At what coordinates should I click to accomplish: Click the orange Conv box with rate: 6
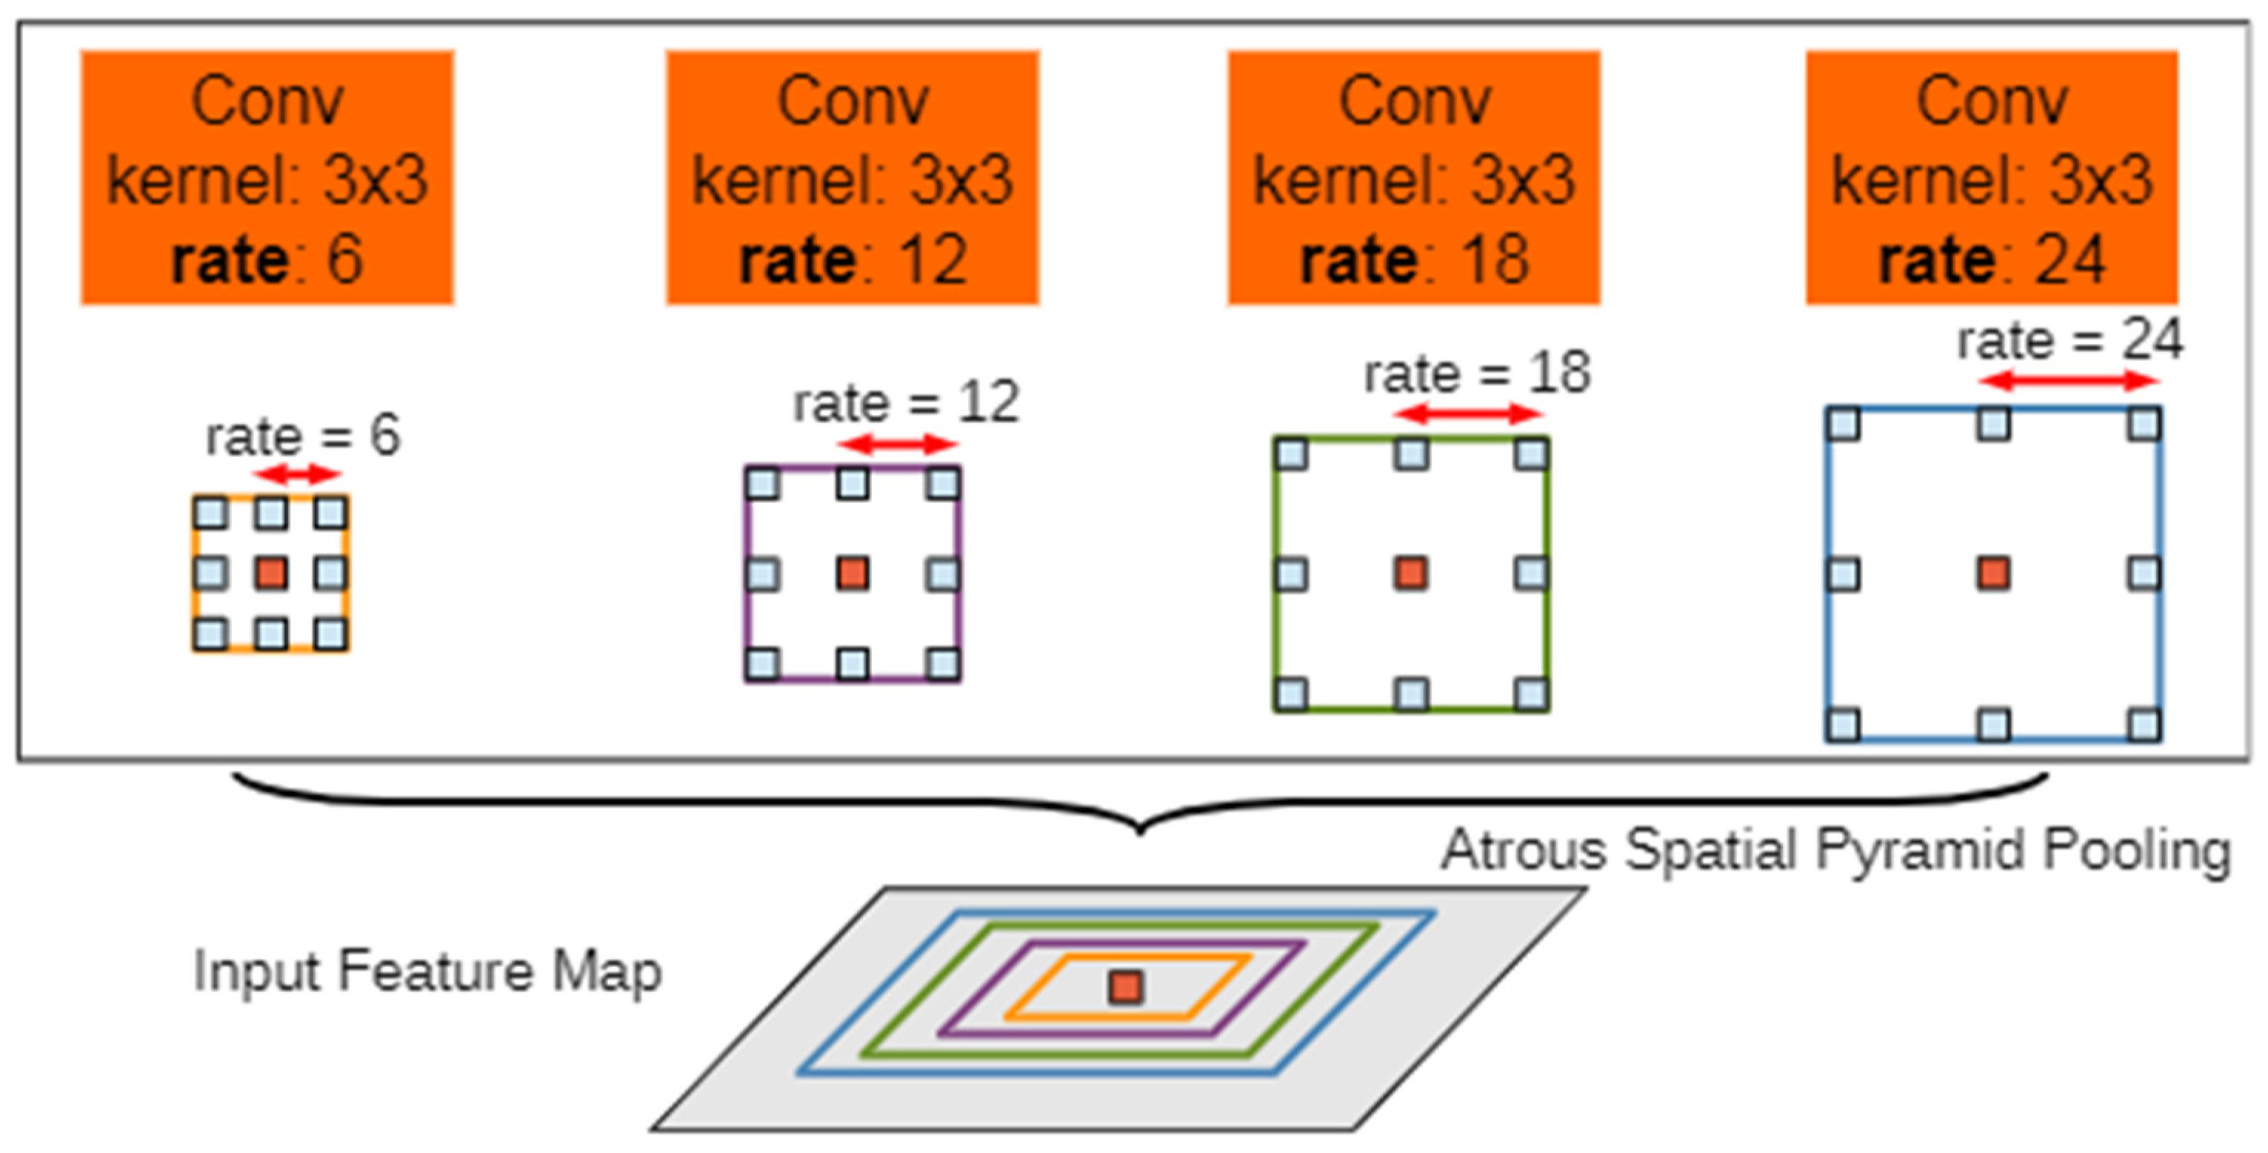click(x=267, y=178)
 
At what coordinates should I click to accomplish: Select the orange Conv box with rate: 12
click(x=853, y=178)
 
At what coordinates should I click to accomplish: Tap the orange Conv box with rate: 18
click(x=1414, y=178)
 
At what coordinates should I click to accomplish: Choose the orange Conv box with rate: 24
click(x=1992, y=178)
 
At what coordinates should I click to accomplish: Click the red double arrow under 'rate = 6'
click(x=297, y=475)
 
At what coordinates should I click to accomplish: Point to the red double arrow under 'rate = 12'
click(x=897, y=444)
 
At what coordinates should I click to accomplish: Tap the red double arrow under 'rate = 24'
click(x=2069, y=382)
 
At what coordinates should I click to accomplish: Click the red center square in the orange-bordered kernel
click(x=271, y=574)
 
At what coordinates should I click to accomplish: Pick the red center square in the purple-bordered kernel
click(x=853, y=574)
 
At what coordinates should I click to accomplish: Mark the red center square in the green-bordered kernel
click(x=1411, y=574)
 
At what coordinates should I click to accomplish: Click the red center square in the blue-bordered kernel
click(x=1993, y=574)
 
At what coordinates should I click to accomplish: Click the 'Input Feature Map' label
click(x=427, y=971)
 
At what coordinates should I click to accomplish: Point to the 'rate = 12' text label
click(x=906, y=402)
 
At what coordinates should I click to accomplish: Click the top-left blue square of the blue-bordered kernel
click(x=1844, y=425)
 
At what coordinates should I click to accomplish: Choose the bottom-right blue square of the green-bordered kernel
click(x=1532, y=694)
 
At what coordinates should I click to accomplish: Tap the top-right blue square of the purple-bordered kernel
click(x=943, y=484)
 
